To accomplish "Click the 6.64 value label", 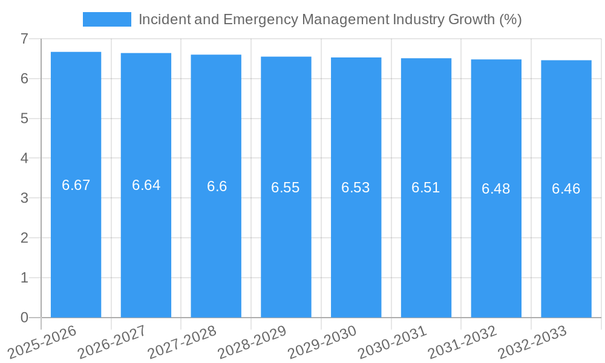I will [146, 186].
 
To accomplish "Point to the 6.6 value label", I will [217, 186].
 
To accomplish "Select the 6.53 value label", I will [356, 188].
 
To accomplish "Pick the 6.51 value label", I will [426, 188].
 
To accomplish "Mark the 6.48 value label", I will [496, 189].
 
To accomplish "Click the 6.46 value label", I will [566, 189].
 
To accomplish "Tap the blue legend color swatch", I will [106, 19].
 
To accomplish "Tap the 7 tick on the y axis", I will [24, 39].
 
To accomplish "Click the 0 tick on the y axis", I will [24, 318].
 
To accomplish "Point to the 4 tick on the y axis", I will [24, 159].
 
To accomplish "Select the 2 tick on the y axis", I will [24, 238].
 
